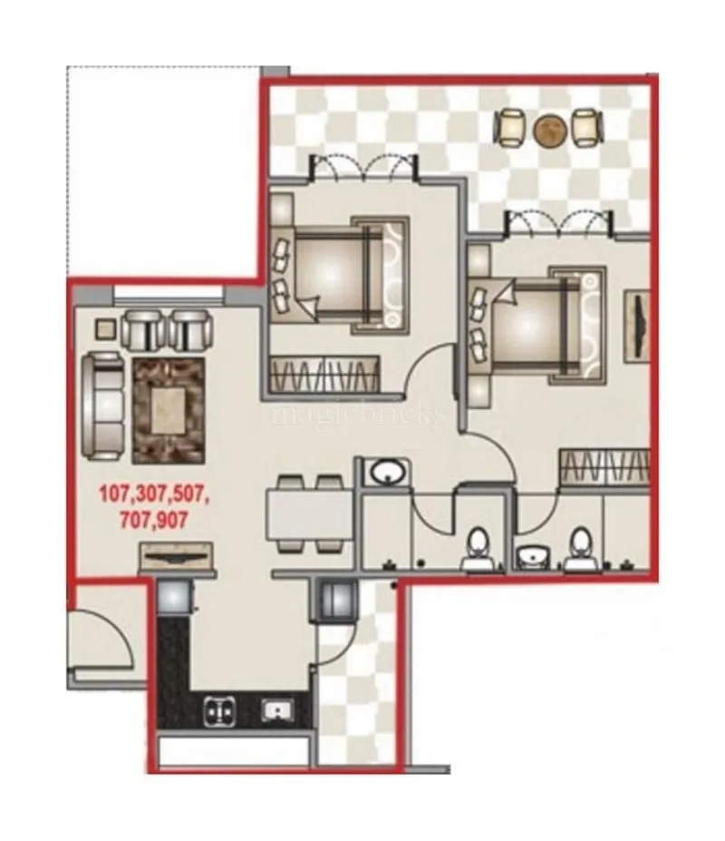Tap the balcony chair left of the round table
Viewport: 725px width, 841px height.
click(x=511, y=128)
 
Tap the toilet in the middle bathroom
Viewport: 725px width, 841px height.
click(x=477, y=548)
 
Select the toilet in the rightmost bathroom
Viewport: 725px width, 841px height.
click(x=579, y=548)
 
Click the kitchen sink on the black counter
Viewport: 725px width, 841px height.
click(x=273, y=708)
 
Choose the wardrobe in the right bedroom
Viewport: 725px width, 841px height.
click(x=605, y=466)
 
